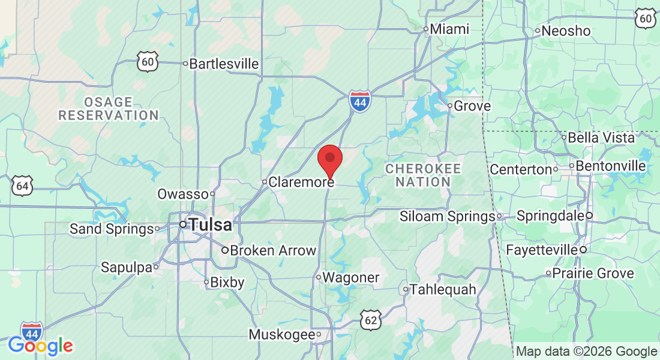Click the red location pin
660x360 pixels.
click(329, 160)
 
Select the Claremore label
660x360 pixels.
click(301, 182)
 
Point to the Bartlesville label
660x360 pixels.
click(224, 64)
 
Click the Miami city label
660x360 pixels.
click(450, 29)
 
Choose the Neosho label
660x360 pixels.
click(566, 31)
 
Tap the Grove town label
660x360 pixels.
click(472, 106)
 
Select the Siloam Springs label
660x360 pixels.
click(446, 216)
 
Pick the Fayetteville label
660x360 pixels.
click(541, 249)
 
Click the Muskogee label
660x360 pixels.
click(281, 334)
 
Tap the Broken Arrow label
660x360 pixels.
click(273, 250)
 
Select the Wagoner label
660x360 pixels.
click(351, 277)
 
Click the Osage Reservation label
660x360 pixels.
click(109, 109)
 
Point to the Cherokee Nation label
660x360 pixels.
click(423, 175)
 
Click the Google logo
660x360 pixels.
click(40, 346)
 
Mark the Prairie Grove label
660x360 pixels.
click(593, 274)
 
